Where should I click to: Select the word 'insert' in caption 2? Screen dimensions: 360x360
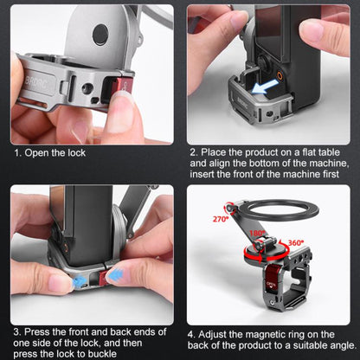pos(206,173)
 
